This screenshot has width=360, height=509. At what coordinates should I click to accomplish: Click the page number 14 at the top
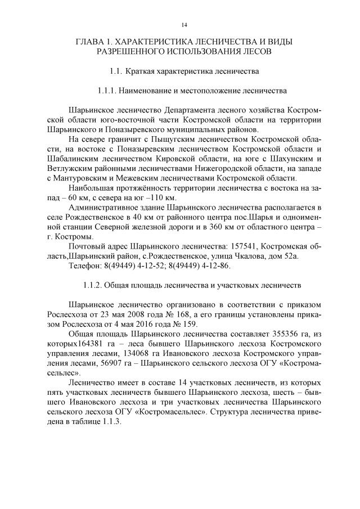[184, 25]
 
